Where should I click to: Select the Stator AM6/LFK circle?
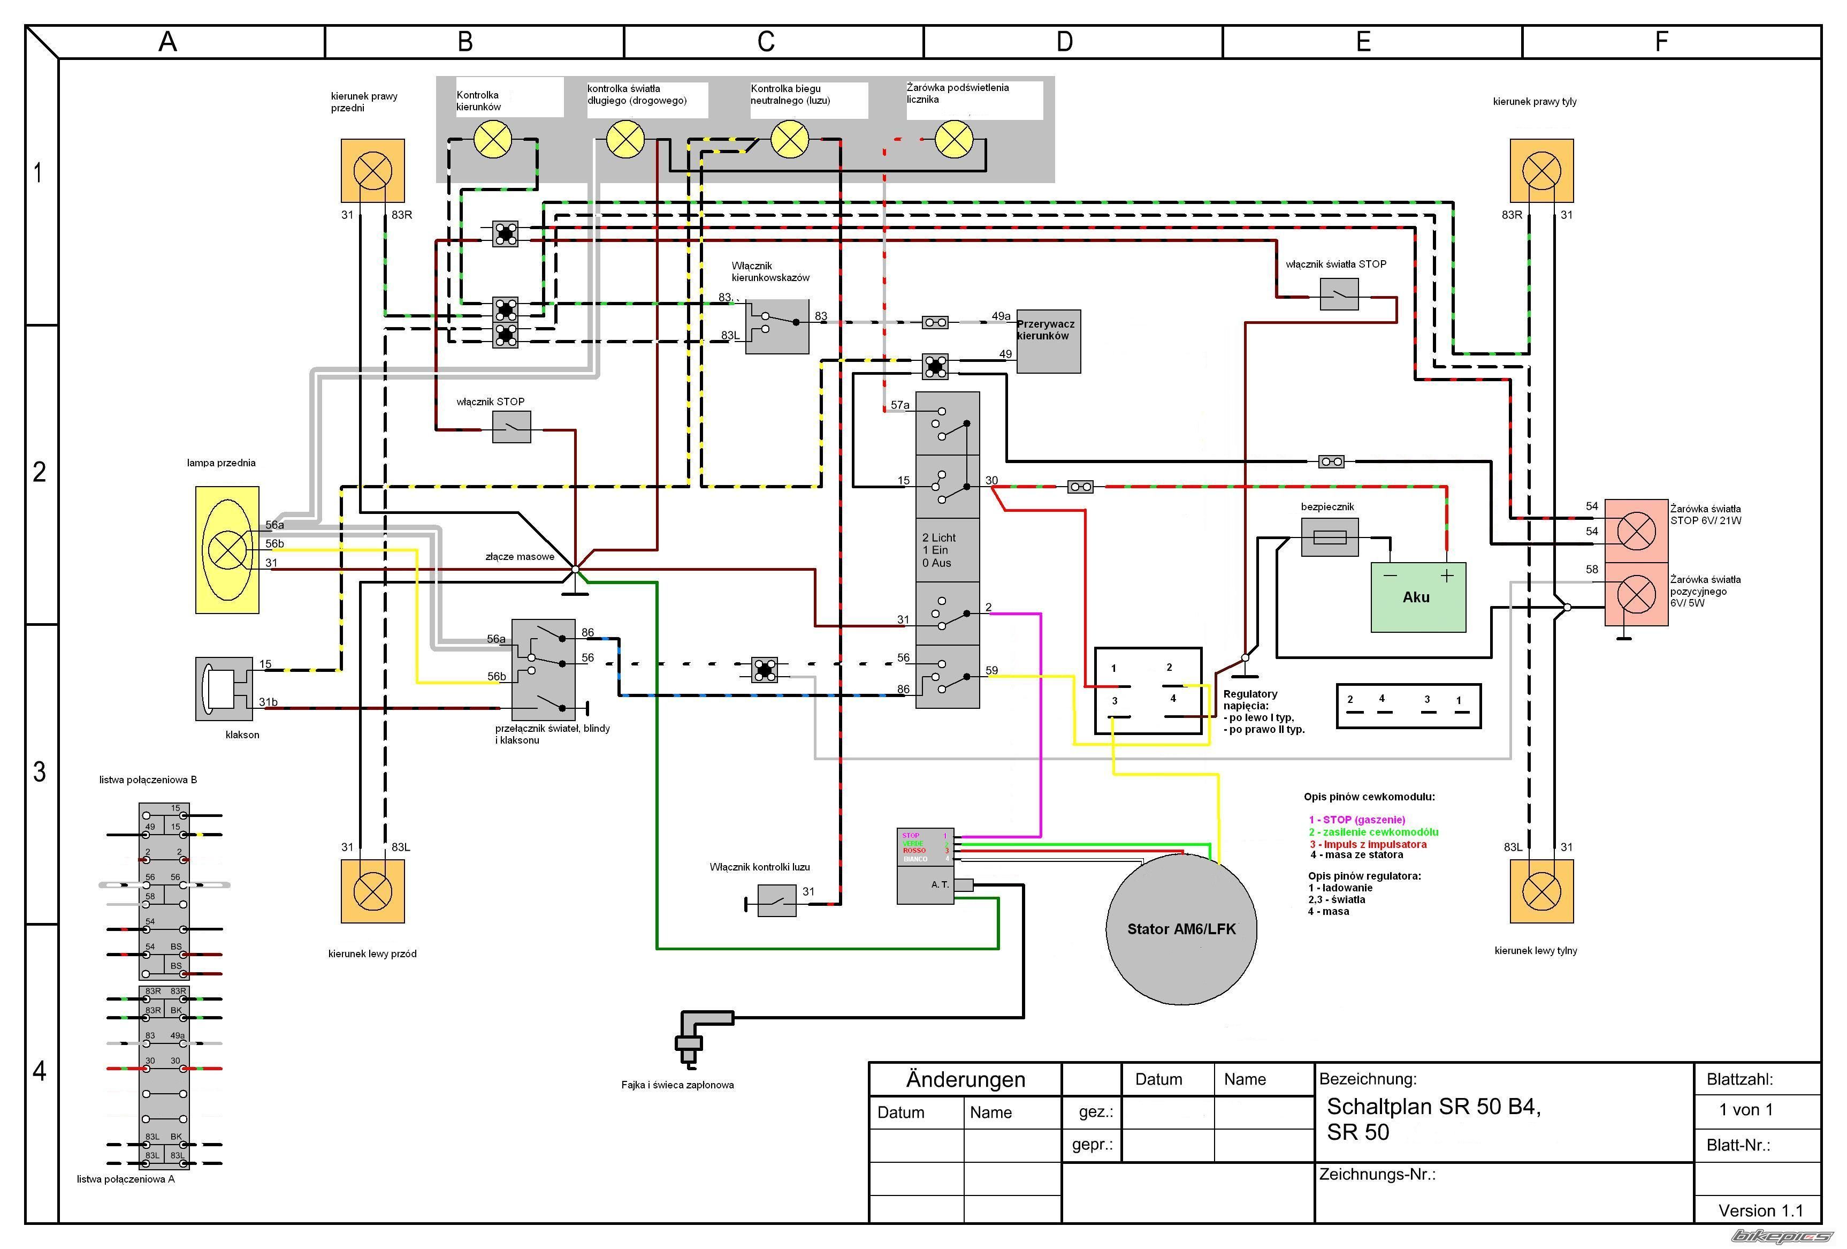click(x=1181, y=929)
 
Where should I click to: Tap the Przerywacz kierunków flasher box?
click(x=1048, y=341)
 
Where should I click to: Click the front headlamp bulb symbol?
click(x=227, y=549)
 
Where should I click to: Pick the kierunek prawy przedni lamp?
click(x=373, y=170)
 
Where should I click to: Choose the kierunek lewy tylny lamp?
click(x=1541, y=891)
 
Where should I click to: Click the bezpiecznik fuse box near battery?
click(x=1330, y=538)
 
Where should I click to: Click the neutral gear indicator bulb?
click(x=790, y=140)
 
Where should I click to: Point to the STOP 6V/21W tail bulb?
click(x=1636, y=531)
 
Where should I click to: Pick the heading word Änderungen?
click(x=966, y=1080)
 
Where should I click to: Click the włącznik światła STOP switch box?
click(x=1339, y=294)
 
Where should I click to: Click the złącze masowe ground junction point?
click(x=575, y=569)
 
